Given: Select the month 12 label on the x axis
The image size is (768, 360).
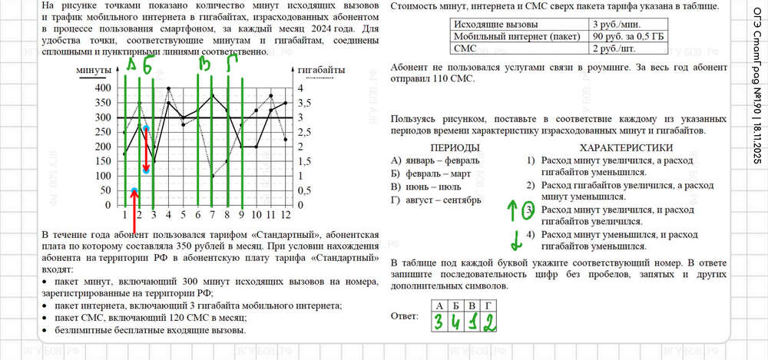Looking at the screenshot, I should (x=286, y=215).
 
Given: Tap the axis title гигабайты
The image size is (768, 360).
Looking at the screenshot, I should (x=320, y=71).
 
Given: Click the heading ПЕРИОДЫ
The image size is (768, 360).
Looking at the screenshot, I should (x=455, y=147).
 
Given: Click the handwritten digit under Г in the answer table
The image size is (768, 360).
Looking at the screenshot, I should (x=488, y=322).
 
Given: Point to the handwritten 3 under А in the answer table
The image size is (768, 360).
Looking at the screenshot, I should (x=436, y=322).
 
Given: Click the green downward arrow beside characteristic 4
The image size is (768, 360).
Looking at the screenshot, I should (x=516, y=239).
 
